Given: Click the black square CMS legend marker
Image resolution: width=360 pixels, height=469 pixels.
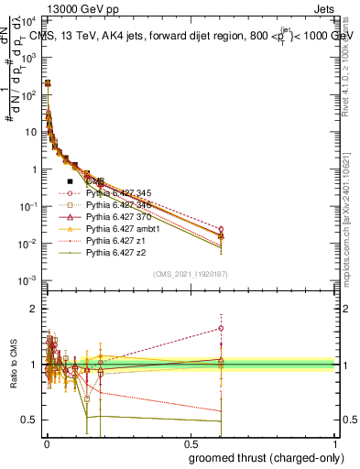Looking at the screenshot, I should pos(70,181).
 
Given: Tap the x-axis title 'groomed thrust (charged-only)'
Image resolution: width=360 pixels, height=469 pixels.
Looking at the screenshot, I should pos(267,458).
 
